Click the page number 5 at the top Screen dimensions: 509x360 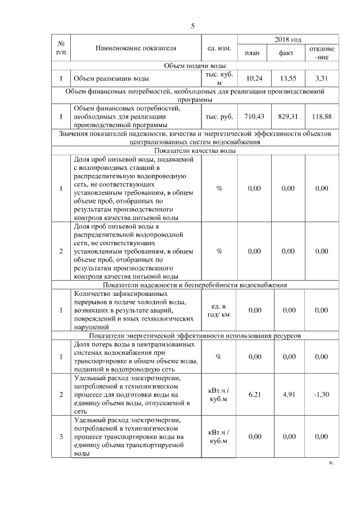[192, 26]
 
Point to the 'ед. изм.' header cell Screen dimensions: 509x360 [219, 48]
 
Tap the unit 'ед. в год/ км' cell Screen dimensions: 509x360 [219, 310]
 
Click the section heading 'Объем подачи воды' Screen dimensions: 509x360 [195, 66]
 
